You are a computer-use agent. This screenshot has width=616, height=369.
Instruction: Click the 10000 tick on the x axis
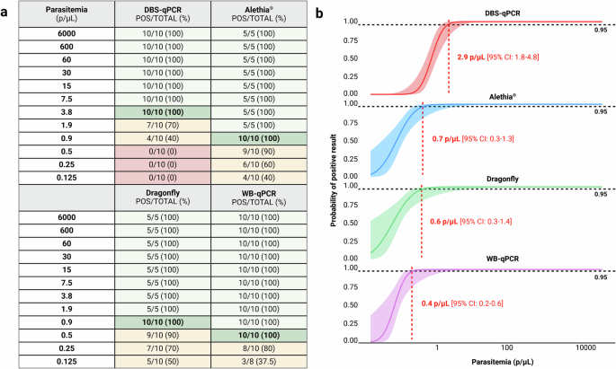pyautogui.click(x=587, y=347)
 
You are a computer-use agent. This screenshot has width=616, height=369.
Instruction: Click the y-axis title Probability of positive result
pyautogui.click(x=335, y=180)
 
